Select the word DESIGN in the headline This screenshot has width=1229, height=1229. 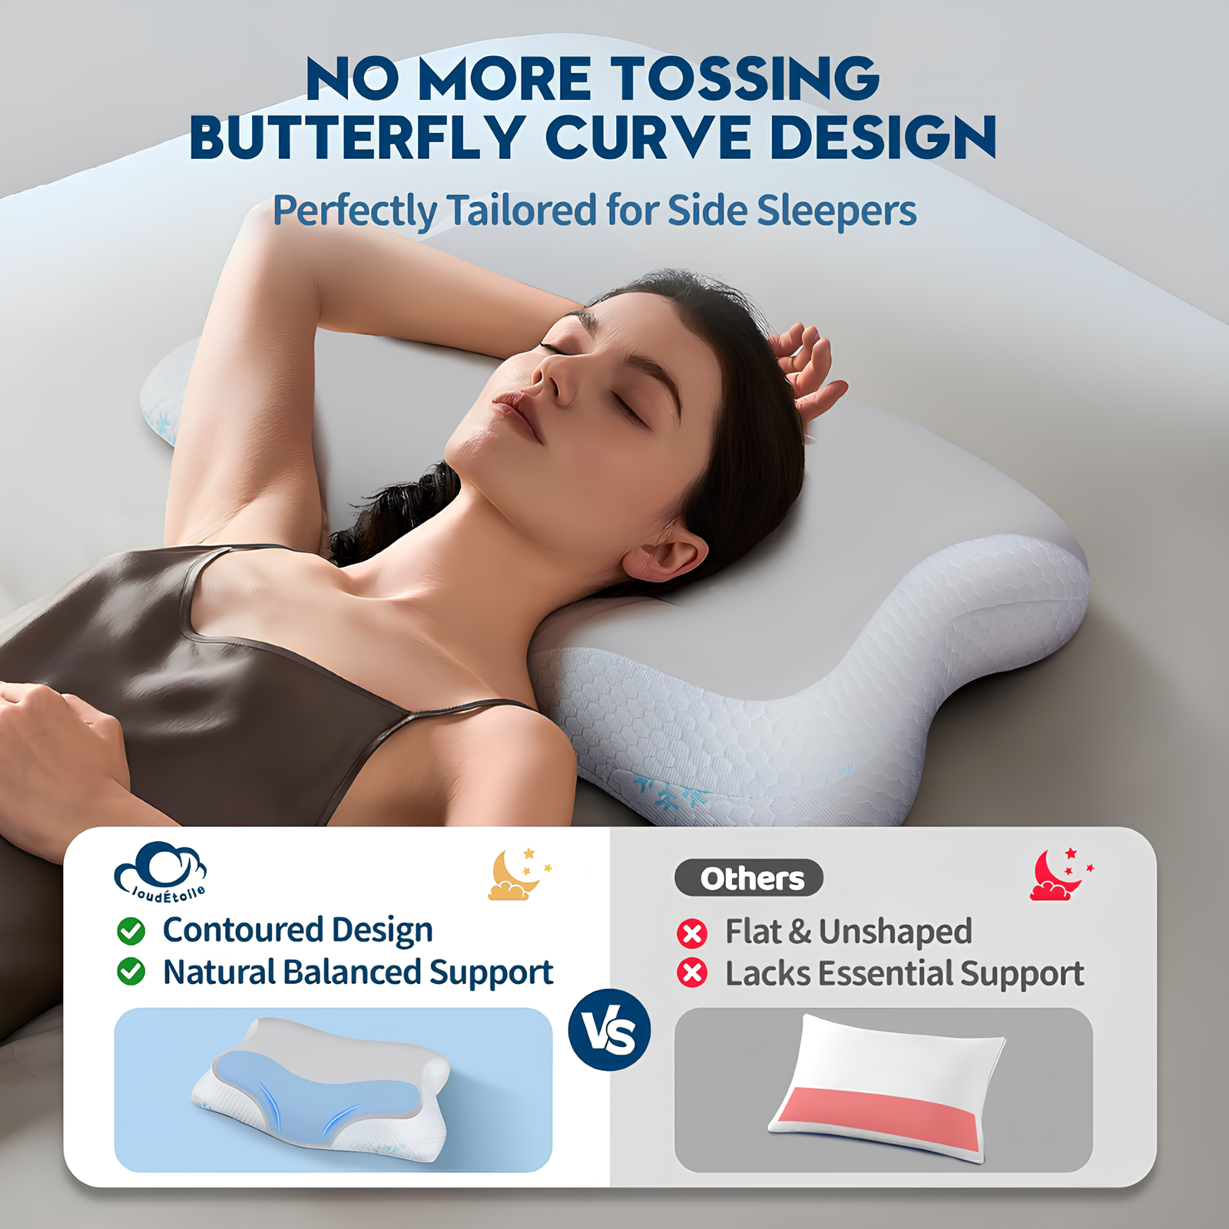click(883, 137)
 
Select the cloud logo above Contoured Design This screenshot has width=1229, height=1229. click(161, 870)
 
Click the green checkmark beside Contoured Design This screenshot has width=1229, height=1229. click(131, 931)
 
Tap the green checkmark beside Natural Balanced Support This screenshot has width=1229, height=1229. click(131, 972)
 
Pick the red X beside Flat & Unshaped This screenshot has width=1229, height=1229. click(692, 933)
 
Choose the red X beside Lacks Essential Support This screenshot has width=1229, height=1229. click(692, 973)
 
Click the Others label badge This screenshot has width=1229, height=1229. click(749, 878)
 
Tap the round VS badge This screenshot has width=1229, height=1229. click(610, 1030)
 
